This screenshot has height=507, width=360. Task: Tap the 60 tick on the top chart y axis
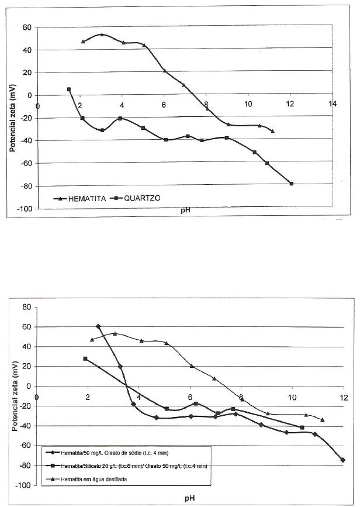[x=26, y=27]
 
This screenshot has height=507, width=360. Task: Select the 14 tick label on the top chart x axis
[x=333, y=104]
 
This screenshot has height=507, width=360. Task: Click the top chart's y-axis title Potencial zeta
[x=12, y=118]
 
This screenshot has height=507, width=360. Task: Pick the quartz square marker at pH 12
[x=291, y=184]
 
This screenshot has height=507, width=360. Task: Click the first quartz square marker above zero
[x=69, y=89]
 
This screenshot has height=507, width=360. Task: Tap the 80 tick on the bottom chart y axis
[x=26, y=307]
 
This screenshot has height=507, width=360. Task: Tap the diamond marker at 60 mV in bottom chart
[x=98, y=326]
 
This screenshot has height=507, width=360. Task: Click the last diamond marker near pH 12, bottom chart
[x=342, y=460]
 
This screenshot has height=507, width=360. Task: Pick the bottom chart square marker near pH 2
[x=85, y=358]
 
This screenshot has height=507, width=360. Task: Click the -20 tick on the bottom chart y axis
[x=24, y=406]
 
